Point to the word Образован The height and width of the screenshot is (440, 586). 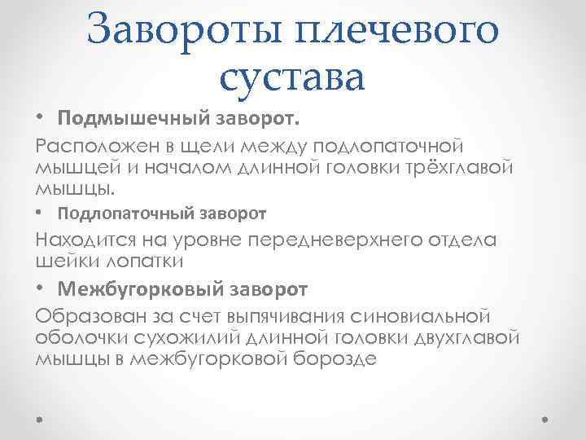(x=86, y=315)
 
